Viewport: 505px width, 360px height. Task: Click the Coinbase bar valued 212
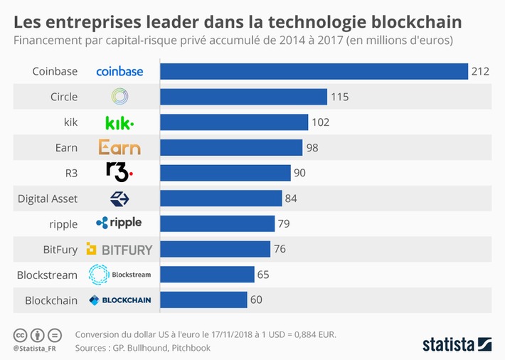pyautogui.click(x=313, y=71)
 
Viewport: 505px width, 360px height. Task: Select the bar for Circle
pyautogui.click(x=243, y=97)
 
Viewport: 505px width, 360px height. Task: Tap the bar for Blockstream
pyautogui.click(x=207, y=275)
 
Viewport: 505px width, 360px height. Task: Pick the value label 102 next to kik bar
pyautogui.click(x=320, y=122)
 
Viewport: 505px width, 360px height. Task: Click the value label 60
pyautogui.click(x=256, y=300)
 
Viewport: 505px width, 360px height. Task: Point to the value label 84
pyautogui.click(x=291, y=198)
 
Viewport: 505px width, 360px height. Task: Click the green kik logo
pyautogui.click(x=119, y=122)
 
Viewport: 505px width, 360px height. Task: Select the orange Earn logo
pyautogui.click(x=119, y=147)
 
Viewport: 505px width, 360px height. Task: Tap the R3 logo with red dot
pyautogui.click(x=119, y=172)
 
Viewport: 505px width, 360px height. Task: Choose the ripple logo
pyautogui.click(x=119, y=223)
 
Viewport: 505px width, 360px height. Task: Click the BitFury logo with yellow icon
pyautogui.click(x=119, y=249)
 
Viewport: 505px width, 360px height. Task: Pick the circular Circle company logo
pyautogui.click(x=119, y=97)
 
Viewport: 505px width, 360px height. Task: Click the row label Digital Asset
pyautogui.click(x=48, y=198)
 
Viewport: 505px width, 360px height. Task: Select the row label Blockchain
pyautogui.click(x=51, y=300)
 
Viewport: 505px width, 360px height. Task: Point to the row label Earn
pyautogui.click(x=65, y=147)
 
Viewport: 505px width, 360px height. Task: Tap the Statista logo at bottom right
pyautogui.click(x=457, y=344)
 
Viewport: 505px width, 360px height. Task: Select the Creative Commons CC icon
pyautogui.click(x=21, y=334)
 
